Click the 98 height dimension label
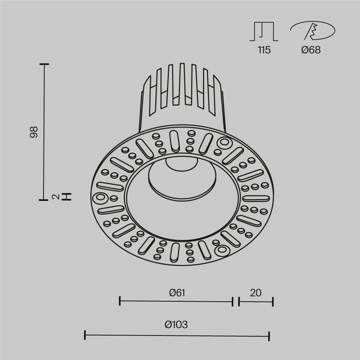click(x=35, y=131)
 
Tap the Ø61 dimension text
click(x=176, y=293)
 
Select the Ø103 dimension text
click(x=176, y=325)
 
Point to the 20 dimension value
click(x=256, y=293)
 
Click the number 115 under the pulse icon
click(x=263, y=50)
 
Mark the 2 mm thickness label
click(x=55, y=196)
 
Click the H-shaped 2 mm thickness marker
click(x=67, y=196)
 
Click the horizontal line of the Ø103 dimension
click(x=176, y=335)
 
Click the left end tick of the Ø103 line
click(x=85, y=335)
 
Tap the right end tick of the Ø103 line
click(x=269, y=335)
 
